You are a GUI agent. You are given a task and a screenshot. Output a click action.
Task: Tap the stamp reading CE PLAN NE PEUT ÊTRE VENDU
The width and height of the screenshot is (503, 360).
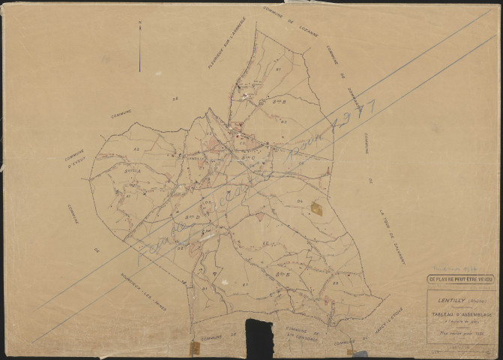point(460,279)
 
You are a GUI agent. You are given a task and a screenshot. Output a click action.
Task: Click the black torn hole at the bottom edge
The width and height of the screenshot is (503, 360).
point(259,337)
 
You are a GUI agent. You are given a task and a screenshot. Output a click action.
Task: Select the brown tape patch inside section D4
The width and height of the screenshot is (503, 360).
point(316,208)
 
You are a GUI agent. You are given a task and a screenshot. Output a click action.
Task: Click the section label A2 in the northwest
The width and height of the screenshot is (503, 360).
point(136,149)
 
